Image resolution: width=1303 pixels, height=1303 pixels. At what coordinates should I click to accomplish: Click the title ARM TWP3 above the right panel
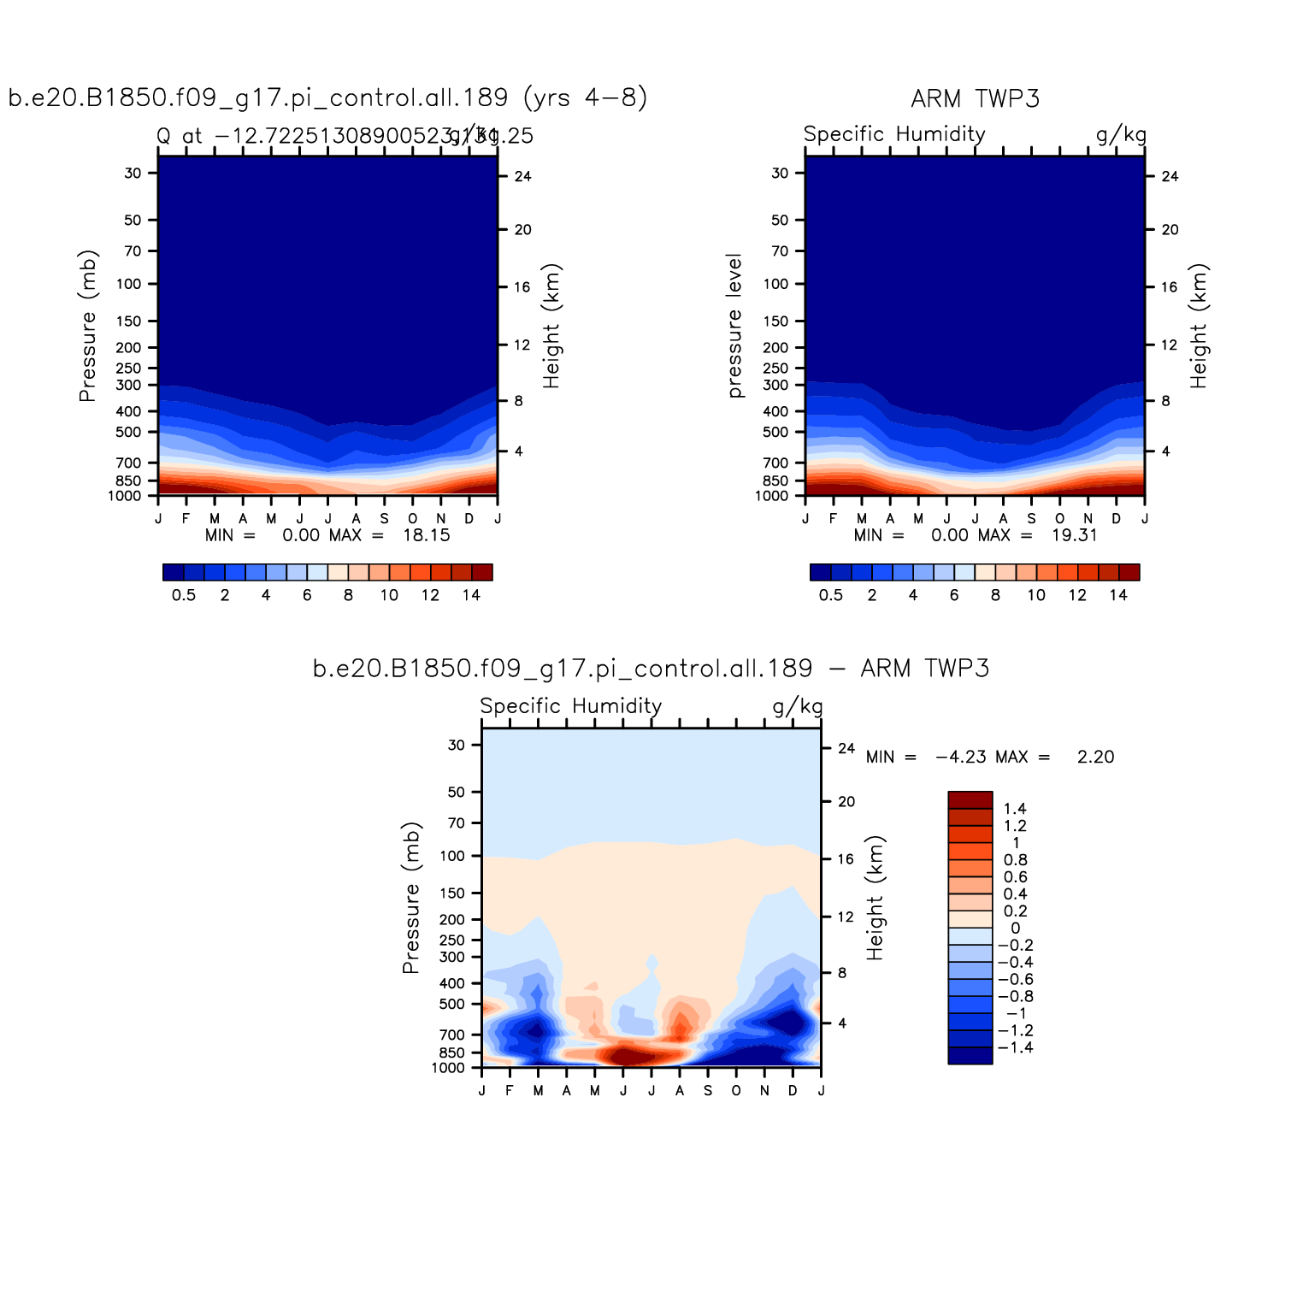pos(975,99)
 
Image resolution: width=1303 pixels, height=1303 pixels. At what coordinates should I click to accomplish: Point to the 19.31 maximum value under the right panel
pos(1075,535)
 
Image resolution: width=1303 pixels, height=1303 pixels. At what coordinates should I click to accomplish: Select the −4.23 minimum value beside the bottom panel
pos(960,757)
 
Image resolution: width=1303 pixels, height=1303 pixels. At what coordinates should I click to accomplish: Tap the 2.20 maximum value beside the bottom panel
pos(1095,757)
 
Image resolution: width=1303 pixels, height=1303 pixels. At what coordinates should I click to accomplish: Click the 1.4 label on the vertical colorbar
pos(1015,809)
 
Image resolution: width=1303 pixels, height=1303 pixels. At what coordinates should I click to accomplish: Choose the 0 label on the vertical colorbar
pos(1015,929)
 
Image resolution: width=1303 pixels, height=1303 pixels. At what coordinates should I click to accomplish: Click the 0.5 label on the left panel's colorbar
pos(184,595)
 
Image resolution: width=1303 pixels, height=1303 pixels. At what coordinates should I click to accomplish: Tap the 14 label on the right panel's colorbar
pos(1118,595)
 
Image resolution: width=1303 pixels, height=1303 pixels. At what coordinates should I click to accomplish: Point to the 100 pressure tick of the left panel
pos(128,284)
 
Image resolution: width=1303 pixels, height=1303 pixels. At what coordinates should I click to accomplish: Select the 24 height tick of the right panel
pos(1170,177)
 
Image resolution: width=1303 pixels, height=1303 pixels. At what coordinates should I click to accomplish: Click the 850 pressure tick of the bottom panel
pos(451,1053)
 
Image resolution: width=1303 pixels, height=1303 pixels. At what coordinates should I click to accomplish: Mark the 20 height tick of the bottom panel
pos(846,802)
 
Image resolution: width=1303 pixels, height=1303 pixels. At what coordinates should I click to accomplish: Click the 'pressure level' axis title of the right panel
pos(734,326)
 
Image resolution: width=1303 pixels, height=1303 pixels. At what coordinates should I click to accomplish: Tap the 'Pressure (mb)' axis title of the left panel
pos(87,326)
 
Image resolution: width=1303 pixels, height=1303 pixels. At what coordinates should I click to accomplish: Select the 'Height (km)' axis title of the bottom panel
pos(875,898)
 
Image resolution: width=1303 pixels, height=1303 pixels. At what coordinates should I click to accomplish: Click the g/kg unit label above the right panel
pos(1121,135)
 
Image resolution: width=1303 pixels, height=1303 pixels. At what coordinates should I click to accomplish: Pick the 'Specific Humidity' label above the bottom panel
pos(570,706)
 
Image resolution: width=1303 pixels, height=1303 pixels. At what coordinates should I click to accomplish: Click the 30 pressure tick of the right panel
pos(780,174)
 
